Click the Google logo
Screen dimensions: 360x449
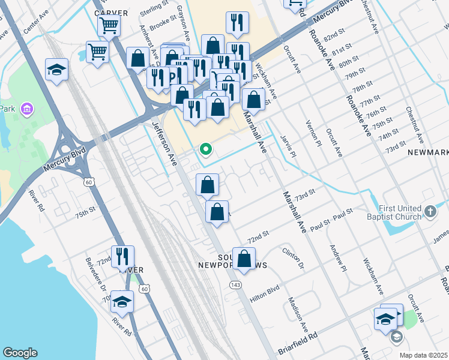pyautogui.click(x=20, y=353)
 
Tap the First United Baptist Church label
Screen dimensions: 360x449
pyautogui.click(x=393, y=212)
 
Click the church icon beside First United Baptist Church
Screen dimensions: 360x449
pyautogui.click(x=430, y=211)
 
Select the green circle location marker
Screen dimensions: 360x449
pyautogui.click(x=205, y=149)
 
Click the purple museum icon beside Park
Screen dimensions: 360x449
pyautogui.click(x=26, y=109)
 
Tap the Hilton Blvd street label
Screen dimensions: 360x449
pyautogui.click(x=265, y=289)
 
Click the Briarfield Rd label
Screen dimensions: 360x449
pyautogui.click(x=297, y=345)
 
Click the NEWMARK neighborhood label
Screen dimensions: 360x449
pyautogui.click(x=427, y=153)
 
